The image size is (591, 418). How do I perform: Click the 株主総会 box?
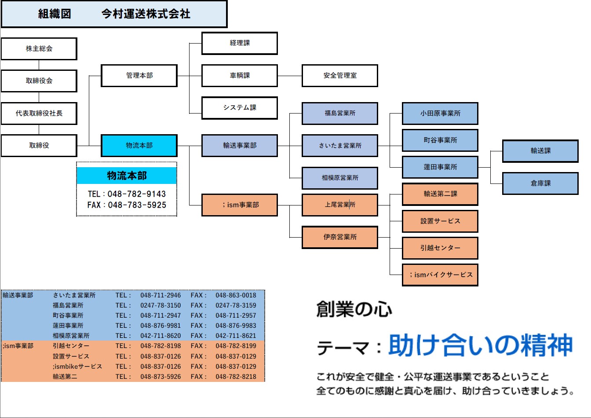click(x=39, y=49)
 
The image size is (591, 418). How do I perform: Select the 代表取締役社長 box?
click(x=39, y=114)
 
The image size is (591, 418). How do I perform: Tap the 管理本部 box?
click(x=139, y=76)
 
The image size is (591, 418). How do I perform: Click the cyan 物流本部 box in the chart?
click(x=139, y=146)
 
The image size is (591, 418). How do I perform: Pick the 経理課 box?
click(x=240, y=43)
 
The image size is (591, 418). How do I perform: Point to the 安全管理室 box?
click(x=340, y=76)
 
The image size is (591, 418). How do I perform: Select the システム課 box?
click(x=240, y=108)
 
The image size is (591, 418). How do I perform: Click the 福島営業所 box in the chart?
click(x=340, y=114)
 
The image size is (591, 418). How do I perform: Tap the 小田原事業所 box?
click(x=440, y=114)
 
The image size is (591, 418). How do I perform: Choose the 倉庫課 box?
click(x=540, y=183)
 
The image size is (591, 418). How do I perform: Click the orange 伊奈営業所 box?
click(x=340, y=237)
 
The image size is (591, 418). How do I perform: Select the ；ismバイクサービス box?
click(x=440, y=275)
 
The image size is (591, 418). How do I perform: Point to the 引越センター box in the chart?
click(x=440, y=248)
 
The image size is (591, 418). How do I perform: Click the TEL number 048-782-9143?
click(x=137, y=194)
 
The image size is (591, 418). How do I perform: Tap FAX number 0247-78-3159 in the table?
click(x=236, y=305)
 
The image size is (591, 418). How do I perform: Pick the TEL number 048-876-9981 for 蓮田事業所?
click(x=161, y=326)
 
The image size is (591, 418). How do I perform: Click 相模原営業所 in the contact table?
click(x=71, y=336)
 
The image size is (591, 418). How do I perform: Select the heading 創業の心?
click(x=354, y=309)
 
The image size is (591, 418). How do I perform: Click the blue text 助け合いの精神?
click(x=480, y=345)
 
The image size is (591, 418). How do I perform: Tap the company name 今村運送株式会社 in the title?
click(x=146, y=14)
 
